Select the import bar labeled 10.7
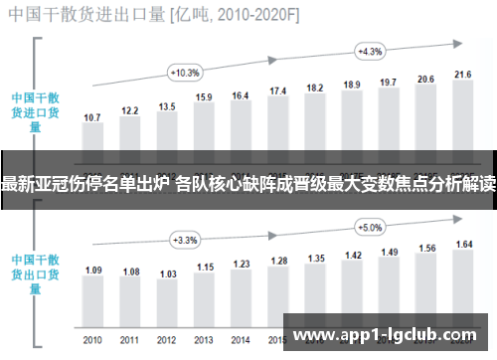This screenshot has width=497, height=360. [x=92, y=138]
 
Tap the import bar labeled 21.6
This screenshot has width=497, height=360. [x=462, y=114]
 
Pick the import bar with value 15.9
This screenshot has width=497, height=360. [x=204, y=126]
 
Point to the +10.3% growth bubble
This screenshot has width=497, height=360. [x=186, y=73]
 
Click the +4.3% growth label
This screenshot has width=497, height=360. [x=370, y=51]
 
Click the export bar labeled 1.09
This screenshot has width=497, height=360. [x=92, y=293]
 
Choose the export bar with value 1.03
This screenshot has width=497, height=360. [x=167, y=295]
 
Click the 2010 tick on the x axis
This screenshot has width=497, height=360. [x=92, y=341]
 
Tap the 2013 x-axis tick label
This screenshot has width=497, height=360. [x=204, y=341]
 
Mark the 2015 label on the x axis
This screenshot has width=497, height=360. [x=277, y=341]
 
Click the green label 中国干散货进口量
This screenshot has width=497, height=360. [x=34, y=112]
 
